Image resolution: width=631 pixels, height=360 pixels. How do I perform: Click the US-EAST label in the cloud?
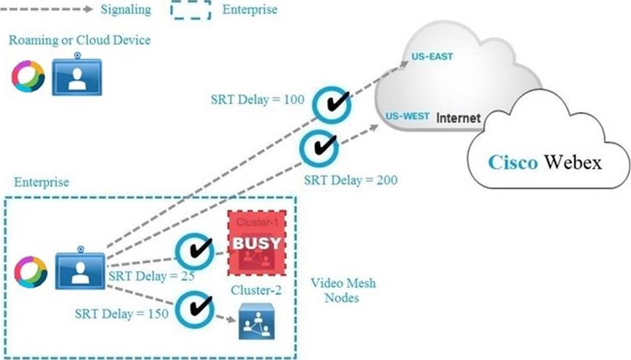tap(432, 57)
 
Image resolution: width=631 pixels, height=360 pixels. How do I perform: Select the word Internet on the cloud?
tap(458, 118)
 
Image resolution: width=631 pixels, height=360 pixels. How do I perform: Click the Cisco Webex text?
tap(545, 162)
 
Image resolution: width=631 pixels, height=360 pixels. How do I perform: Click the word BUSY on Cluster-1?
tap(257, 243)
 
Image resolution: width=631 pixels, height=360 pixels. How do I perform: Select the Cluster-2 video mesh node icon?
tap(255, 321)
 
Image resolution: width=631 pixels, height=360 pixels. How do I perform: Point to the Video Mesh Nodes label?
tap(343, 291)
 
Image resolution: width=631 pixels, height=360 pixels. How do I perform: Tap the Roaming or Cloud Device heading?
tap(80, 40)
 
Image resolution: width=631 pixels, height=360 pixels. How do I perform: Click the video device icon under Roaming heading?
tap(76, 76)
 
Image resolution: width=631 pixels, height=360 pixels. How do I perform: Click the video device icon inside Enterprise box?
tap(79, 267)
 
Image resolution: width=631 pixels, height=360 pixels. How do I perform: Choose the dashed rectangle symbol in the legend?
tap(190, 10)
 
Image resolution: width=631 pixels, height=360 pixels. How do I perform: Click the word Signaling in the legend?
tap(126, 10)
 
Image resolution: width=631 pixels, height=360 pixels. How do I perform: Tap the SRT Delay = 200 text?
tap(350, 179)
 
